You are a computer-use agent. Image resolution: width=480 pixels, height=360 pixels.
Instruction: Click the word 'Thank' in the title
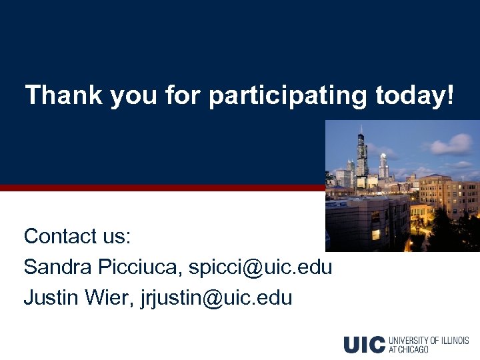tap(63, 95)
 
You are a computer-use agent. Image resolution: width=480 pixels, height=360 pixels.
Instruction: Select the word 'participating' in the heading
tap(287, 97)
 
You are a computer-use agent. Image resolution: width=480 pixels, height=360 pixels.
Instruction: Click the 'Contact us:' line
tap(77, 236)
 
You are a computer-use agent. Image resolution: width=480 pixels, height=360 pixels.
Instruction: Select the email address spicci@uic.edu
tap(261, 267)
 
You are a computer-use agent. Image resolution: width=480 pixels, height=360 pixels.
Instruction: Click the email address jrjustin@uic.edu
tap(217, 297)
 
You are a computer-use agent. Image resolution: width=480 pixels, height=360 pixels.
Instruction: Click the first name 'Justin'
tap(51, 297)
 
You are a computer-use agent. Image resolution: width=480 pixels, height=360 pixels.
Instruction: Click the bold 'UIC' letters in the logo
tap(364, 345)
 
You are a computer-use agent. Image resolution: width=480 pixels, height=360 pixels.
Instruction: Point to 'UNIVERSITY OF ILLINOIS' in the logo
tap(429, 341)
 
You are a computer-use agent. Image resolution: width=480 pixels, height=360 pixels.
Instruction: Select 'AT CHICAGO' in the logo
tap(410, 349)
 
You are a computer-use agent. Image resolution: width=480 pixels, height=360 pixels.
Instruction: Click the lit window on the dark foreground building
tap(375, 234)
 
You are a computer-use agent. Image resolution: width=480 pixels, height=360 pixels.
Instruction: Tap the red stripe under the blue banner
tap(160, 188)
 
